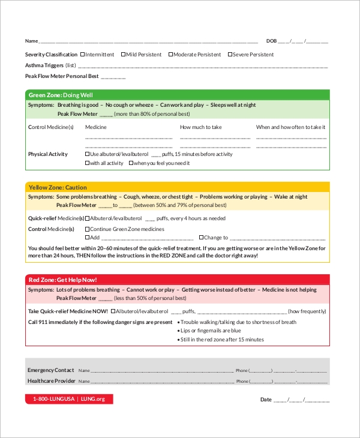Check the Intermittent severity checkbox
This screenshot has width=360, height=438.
(x=82, y=55)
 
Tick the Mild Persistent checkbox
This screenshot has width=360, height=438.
(x=124, y=55)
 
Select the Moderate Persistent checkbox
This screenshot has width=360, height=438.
(x=170, y=55)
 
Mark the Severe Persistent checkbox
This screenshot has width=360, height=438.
(x=229, y=55)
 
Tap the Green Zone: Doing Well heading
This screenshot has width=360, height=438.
(x=61, y=95)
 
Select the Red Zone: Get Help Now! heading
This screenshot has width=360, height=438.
(x=63, y=280)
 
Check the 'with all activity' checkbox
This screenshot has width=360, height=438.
(x=88, y=163)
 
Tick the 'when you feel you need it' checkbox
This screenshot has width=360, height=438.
(x=131, y=163)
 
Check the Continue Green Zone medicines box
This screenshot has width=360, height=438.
(x=88, y=229)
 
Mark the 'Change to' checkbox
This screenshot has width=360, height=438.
(x=201, y=238)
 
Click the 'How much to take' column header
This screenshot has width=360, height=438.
(x=201, y=127)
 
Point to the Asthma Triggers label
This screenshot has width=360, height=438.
(x=44, y=65)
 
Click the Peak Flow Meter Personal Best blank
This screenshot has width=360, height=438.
(x=113, y=77)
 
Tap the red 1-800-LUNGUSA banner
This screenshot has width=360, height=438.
(x=69, y=399)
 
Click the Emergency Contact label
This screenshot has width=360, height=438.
(x=50, y=370)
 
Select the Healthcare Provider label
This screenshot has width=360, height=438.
(x=51, y=381)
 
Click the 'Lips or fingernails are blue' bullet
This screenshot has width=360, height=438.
(x=211, y=331)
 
